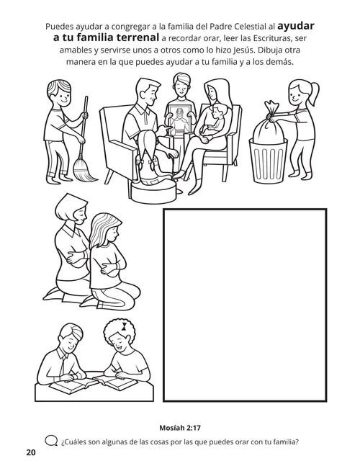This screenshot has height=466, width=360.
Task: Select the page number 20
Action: point(30,452)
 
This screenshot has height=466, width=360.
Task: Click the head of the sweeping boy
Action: point(64,94)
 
